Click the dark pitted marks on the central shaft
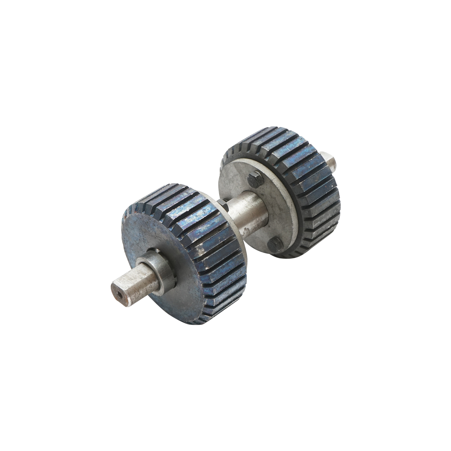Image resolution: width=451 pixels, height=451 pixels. pos(241,225)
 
